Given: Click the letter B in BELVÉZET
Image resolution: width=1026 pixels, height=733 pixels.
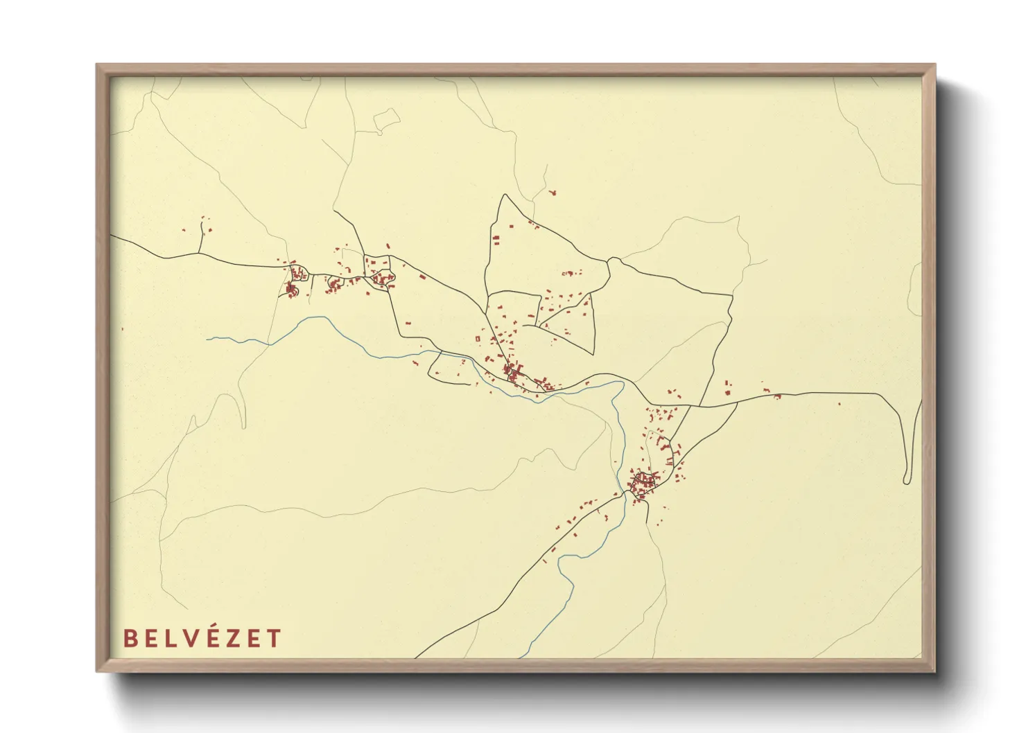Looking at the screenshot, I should (x=130, y=638).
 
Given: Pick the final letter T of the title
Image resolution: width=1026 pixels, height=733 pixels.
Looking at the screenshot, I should (x=275, y=638).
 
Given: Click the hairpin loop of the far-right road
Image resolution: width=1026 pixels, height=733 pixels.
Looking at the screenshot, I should (x=907, y=480).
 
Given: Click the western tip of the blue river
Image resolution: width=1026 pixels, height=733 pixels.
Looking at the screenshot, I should (x=207, y=339).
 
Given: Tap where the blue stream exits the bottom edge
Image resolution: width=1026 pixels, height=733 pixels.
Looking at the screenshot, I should (x=519, y=656).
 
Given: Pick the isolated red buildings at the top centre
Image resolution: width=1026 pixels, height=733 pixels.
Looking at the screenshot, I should (x=553, y=192).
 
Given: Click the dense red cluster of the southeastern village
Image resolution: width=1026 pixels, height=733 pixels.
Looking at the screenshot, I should (x=643, y=479).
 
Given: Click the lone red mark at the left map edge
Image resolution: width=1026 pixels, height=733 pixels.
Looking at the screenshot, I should (x=123, y=329).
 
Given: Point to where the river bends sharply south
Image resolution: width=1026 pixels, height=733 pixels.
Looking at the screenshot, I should (x=622, y=383).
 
